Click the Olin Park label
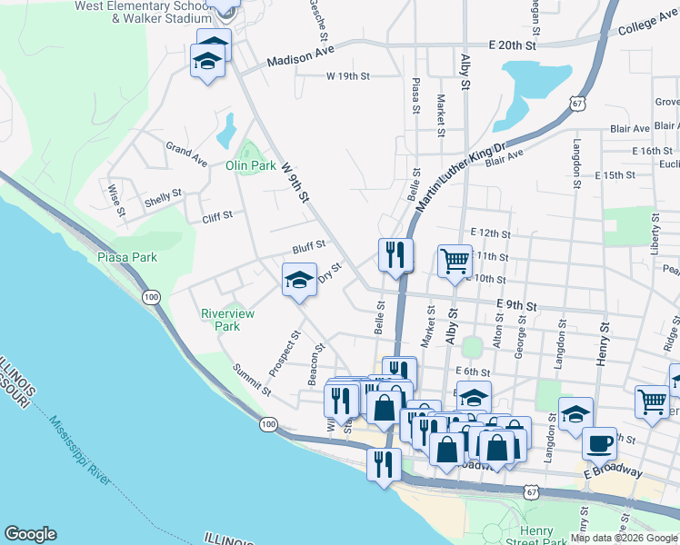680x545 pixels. coord(250,166)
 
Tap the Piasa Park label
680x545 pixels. coord(127,257)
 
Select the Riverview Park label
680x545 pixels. coord(227,320)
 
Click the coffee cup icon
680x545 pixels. coord(599,442)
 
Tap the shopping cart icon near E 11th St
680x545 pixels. coord(455,260)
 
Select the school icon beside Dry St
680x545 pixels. coord(298,280)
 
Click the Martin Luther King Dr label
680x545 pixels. coord(461,179)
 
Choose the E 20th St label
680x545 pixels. coord(514,45)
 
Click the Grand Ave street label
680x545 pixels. coord(186,152)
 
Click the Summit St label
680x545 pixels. coord(253,380)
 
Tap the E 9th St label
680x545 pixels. coord(518,307)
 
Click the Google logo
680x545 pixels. coord(30,534)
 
